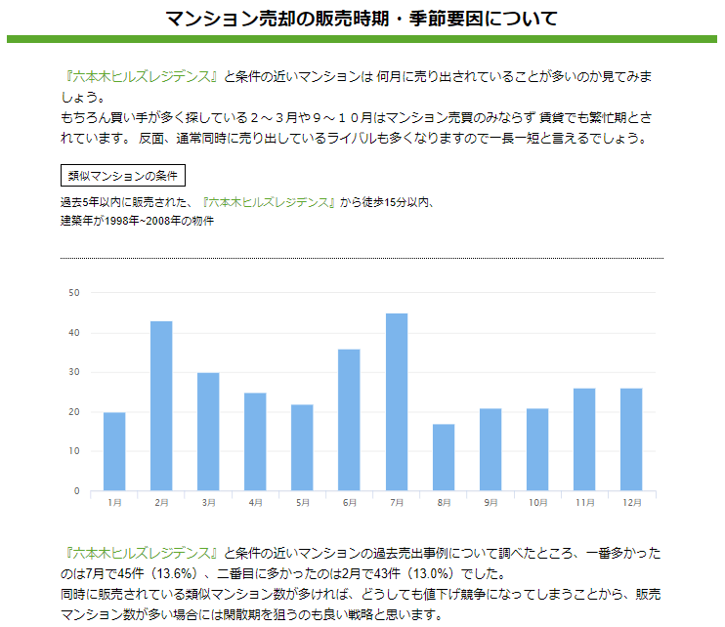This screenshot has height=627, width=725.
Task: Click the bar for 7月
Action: click(396, 401)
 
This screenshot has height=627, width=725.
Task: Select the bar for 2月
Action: click(161, 405)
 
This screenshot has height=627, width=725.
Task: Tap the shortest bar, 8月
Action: click(444, 457)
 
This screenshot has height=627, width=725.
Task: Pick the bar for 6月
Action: click(349, 419)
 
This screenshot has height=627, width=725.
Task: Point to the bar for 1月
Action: click(114, 451)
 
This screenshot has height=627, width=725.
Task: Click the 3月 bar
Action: click(208, 431)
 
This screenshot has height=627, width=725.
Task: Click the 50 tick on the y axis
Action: click(74, 292)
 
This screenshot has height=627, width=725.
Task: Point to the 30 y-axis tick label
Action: click(74, 372)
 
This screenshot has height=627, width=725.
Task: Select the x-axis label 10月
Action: click(537, 503)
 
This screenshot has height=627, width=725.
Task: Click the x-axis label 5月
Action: click(302, 503)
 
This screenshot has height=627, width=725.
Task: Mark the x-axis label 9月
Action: click(490, 503)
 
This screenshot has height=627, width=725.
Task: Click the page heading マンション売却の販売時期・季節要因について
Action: click(362, 19)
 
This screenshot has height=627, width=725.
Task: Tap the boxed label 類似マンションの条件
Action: click(122, 176)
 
